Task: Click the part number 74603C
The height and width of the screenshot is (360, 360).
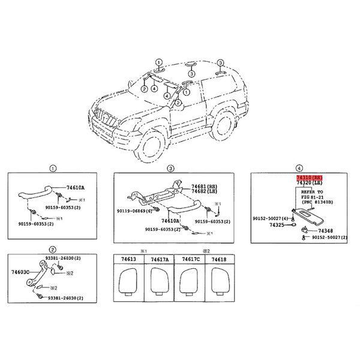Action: point(20,271)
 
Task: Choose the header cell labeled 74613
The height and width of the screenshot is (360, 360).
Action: point(128,259)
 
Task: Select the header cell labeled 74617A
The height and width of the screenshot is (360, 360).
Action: point(159,259)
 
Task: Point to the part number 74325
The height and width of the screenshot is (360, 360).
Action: point(277,226)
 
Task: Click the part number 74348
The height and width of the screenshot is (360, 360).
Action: point(325,231)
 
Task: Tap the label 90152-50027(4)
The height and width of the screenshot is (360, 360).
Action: point(272,218)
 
